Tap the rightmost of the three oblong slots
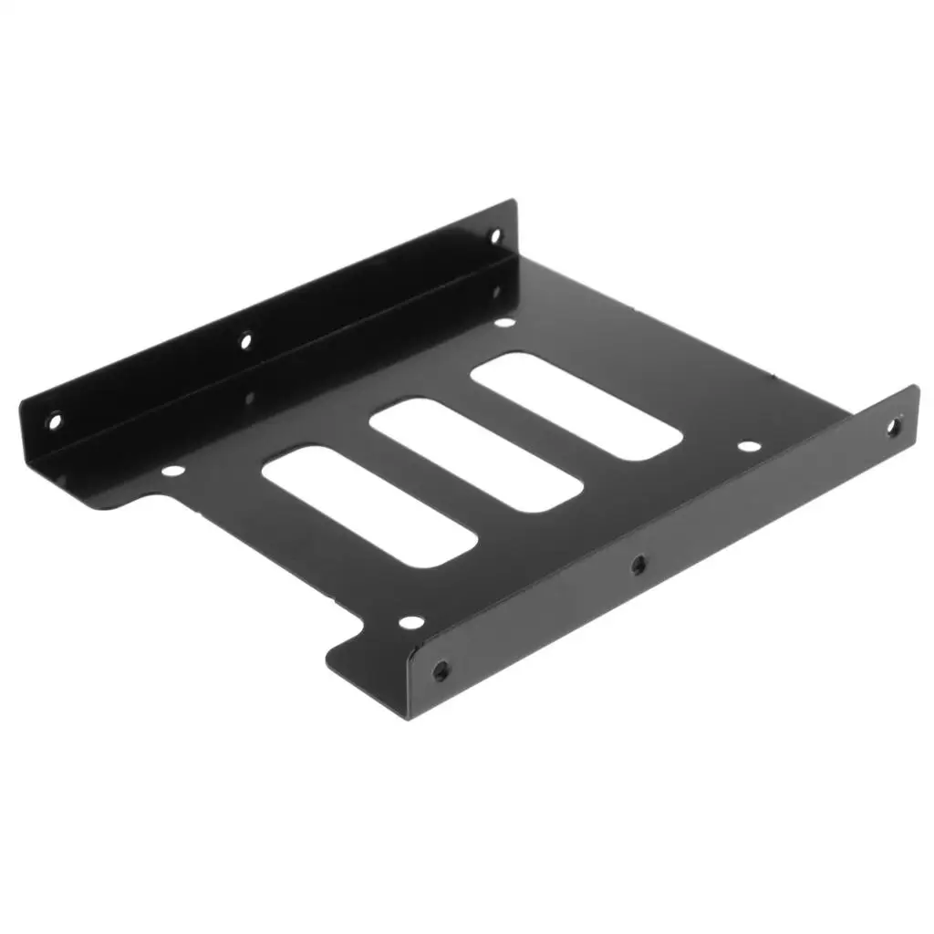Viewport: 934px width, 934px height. click(577, 405)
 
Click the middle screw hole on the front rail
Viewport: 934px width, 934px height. click(638, 564)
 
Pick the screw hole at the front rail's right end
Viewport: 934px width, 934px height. click(893, 426)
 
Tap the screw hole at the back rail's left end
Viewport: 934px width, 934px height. click(54, 421)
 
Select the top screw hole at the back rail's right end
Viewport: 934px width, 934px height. click(495, 235)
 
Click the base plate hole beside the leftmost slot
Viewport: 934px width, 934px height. click(171, 472)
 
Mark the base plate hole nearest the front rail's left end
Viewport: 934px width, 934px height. click(411, 623)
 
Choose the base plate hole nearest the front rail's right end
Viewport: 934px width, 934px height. click(749, 447)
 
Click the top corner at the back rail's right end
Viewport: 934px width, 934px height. click(513, 202)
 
